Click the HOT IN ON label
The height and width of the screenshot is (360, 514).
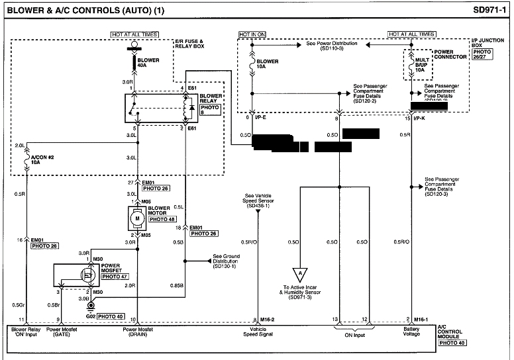coord(254,33)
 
